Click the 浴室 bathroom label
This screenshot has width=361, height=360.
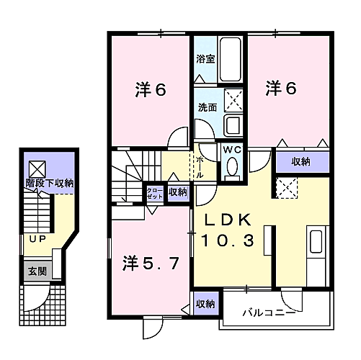pos(205,59)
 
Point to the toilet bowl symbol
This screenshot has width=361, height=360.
pos(232,167)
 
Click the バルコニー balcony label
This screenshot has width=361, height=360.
pos(268,312)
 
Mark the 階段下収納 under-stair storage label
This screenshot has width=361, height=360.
pos(50,184)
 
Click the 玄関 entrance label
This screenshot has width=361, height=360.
pos(37,271)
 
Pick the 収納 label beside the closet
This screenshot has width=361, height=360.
pos(177,192)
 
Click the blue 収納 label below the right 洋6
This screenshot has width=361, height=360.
pos(301,162)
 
